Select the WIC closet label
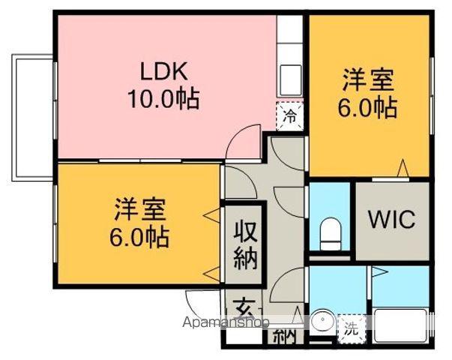391,220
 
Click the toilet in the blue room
330,233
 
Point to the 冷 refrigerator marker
290,116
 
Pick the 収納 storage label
245,244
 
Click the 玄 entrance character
244,308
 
